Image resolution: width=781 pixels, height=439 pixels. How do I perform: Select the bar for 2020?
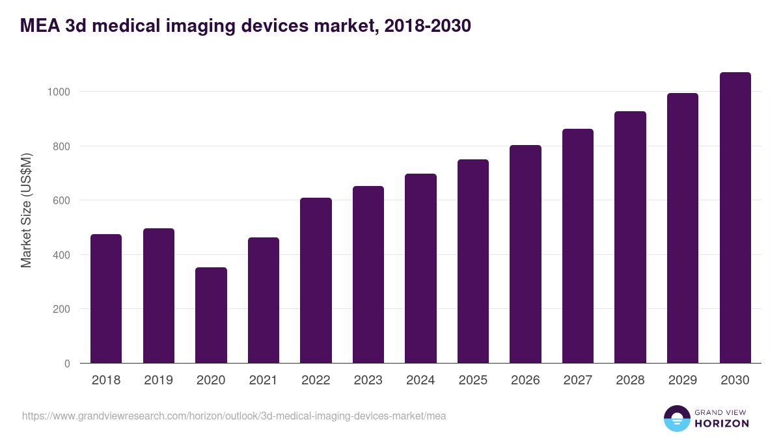coord(211,315)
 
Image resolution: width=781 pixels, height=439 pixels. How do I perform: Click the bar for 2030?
coord(735,218)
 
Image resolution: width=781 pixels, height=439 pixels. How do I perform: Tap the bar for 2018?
coord(106,299)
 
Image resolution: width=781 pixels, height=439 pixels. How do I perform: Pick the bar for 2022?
coord(316,280)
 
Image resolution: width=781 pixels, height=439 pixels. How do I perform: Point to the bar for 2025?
coord(473,261)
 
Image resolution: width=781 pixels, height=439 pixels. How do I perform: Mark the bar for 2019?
coord(159,296)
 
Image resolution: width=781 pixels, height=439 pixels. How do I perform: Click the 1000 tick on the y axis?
coord(59,92)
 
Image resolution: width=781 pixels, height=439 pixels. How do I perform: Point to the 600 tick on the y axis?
coord(61,200)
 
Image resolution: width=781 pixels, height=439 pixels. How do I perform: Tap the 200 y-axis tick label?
coord(61,309)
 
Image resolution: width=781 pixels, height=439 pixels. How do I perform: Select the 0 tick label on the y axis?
coord(67,364)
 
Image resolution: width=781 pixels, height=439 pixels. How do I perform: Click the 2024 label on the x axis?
coord(420,380)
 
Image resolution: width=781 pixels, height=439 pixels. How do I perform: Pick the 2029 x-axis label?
coord(683,380)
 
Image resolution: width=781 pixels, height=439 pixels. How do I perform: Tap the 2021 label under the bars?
coord(264,380)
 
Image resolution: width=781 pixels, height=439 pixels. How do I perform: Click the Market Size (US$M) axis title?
coord(26,209)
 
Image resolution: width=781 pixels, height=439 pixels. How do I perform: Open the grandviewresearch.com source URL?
coord(234,416)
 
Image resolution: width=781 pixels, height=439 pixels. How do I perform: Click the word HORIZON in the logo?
coord(722,423)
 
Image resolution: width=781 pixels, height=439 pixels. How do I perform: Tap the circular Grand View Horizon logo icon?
coord(677,418)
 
